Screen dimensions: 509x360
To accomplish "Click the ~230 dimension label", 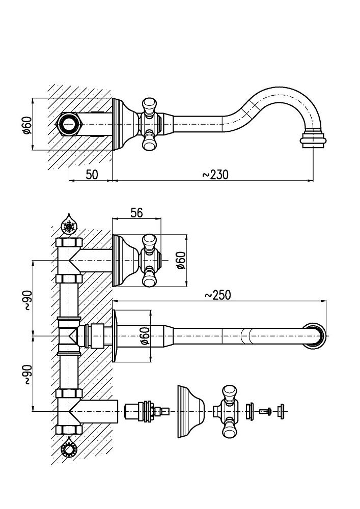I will (215, 175).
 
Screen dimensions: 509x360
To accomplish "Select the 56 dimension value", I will (136, 213).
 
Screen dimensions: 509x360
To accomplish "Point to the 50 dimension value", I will (92, 175).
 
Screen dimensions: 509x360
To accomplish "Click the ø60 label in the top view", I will (27, 124).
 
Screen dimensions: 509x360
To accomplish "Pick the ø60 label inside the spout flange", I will (145, 336).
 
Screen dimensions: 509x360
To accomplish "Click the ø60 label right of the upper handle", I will (180, 260).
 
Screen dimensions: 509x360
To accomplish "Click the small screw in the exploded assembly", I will (264, 411).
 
